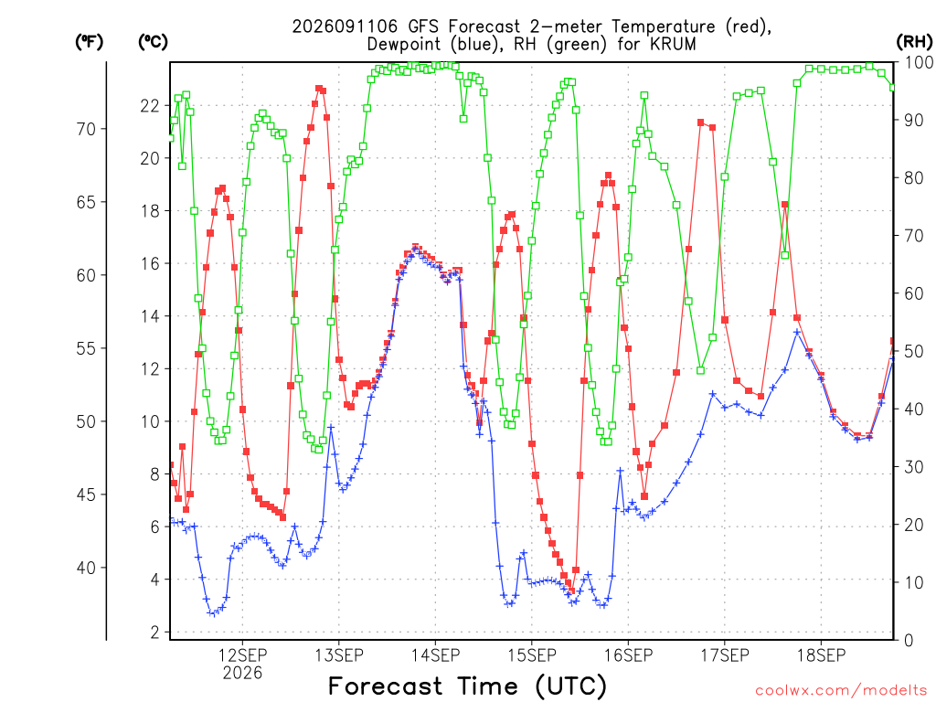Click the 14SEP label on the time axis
[435, 655]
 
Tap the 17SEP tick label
[725, 655]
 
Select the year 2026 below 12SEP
[242, 674]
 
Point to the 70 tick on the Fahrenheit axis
[86, 129]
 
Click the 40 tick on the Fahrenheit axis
[86, 568]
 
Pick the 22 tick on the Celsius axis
[150, 106]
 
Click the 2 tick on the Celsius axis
[155, 633]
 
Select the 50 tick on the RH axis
[914, 352]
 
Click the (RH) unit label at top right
[914, 41]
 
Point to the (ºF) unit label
[89, 42]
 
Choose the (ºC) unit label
[153, 42]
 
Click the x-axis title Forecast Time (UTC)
[467, 686]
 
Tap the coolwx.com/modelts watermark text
[841, 691]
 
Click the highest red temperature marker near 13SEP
[319, 89]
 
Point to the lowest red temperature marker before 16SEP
[571, 591]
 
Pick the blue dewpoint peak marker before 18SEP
[797, 332]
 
